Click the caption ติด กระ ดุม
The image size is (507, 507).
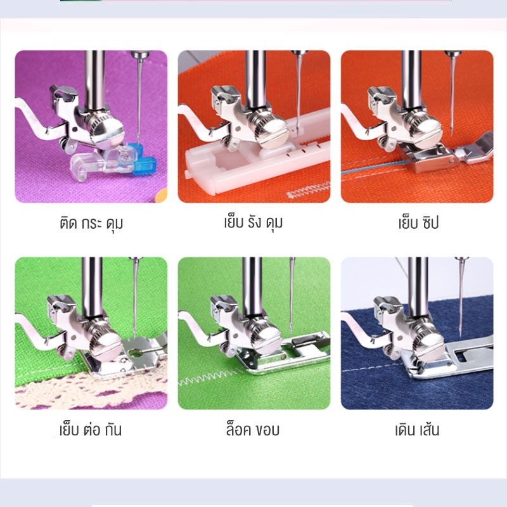click(x=91, y=223)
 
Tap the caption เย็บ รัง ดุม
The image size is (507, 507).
click(x=253, y=222)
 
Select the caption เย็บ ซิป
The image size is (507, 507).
click(x=418, y=223)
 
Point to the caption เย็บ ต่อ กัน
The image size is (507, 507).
click(x=91, y=430)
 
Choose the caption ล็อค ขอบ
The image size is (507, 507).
click(x=252, y=430)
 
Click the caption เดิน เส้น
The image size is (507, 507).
click(x=417, y=430)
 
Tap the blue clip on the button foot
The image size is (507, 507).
click(x=142, y=158)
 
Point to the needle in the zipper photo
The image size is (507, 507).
click(x=452, y=94)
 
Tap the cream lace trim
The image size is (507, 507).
click(x=91, y=388)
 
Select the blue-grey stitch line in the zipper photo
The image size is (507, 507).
click(x=372, y=168)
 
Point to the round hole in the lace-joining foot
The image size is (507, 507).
click(x=136, y=352)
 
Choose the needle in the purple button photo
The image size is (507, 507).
click(x=139, y=97)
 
